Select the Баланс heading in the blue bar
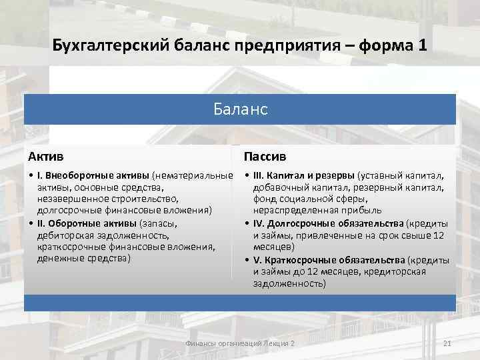pos(241,109)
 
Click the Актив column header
pos(46,157)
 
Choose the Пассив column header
pos(265,157)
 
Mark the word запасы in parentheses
pos(159,223)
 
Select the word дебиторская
pos(65,235)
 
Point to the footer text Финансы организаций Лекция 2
pos(239,343)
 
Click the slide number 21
pos(447,343)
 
